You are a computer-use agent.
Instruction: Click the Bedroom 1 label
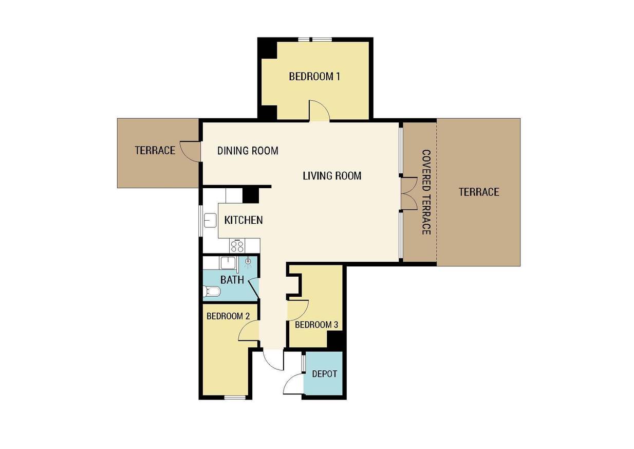click(x=314, y=77)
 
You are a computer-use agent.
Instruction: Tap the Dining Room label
click(x=248, y=151)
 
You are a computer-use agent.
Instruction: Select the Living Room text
click(x=332, y=176)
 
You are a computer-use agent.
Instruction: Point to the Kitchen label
click(x=244, y=220)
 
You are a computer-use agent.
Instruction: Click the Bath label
click(x=232, y=280)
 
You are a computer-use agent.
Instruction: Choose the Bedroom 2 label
click(x=228, y=316)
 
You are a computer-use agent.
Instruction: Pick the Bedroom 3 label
click(x=316, y=325)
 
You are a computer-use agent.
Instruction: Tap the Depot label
click(x=324, y=374)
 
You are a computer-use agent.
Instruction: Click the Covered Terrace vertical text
click(x=426, y=192)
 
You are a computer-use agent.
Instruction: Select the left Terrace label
click(x=155, y=150)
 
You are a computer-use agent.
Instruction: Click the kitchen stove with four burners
click(x=237, y=246)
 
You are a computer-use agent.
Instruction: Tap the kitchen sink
click(x=210, y=221)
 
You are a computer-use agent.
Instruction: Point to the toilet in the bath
click(x=212, y=291)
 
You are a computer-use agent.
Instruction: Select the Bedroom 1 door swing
click(x=319, y=111)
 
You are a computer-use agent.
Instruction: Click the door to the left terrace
click(x=190, y=152)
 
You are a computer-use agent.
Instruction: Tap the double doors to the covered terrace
click(x=409, y=194)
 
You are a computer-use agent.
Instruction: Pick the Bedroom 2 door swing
click(x=249, y=330)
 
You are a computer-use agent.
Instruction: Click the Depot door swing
click(x=293, y=384)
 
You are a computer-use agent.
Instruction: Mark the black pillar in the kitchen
click(x=251, y=196)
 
